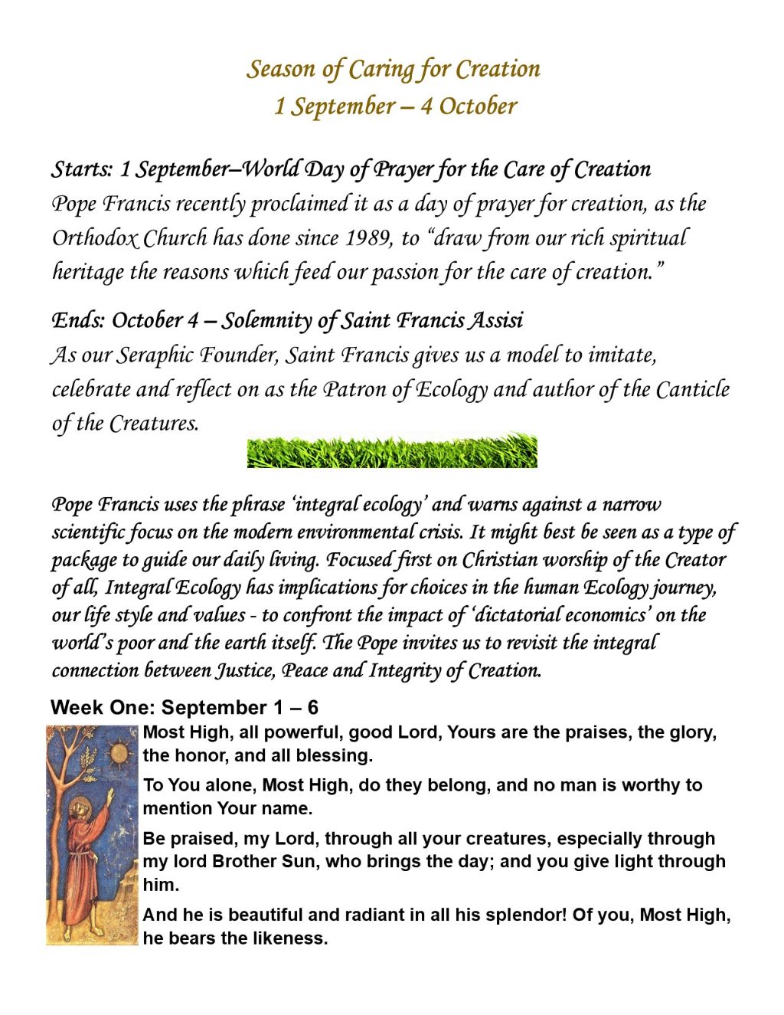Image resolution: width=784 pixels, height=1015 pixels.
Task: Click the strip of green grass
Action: click(x=392, y=451)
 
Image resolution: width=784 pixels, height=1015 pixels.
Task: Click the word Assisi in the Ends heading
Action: click(x=496, y=319)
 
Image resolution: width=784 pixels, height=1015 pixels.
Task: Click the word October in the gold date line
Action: click(x=479, y=106)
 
